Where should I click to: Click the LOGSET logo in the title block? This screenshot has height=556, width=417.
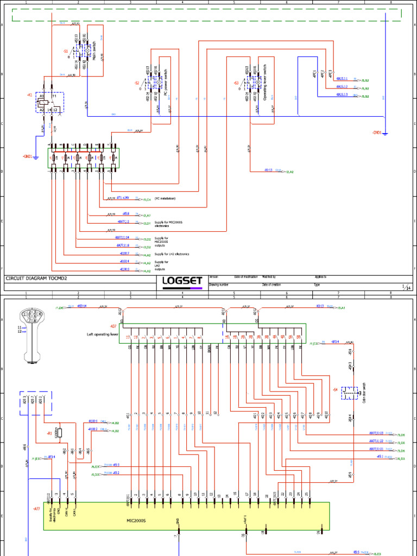(x=182, y=281)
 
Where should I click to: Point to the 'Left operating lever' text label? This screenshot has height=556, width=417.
(x=103, y=334)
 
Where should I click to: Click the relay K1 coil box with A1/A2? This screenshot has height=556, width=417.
(x=43, y=102)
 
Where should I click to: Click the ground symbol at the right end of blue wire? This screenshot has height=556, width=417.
(x=385, y=132)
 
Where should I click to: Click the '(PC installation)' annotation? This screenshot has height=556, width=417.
(x=165, y=199)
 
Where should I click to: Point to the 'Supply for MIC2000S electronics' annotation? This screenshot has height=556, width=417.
(x=168, y=224)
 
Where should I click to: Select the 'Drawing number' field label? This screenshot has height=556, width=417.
(x=220, y=285)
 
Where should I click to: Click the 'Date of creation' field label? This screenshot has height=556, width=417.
(x=271, y=285)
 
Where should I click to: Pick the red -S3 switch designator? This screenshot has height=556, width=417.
(x=236, y=83)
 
